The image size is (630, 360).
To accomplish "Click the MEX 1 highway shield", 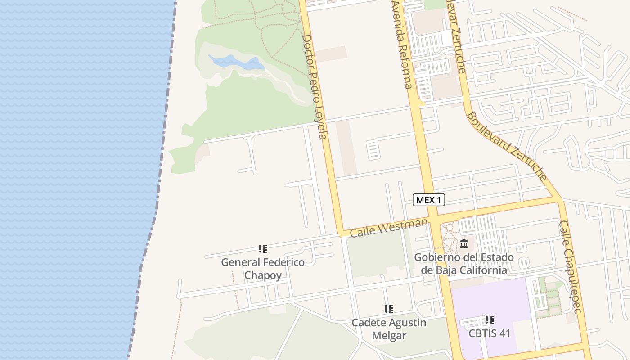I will pyautogui.click(x=428, y=200).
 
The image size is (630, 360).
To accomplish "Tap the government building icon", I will pyautogui.click(x=464, y=244).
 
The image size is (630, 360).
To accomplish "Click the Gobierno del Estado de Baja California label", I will pyautogui.click(x=464, y=264).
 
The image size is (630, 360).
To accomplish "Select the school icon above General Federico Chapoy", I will pyautogui.click(x=263, y=249).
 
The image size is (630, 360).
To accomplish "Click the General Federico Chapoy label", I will pyautogui.click(x=263, y=269).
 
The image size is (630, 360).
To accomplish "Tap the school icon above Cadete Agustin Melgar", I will pyautogui.click(x=389, y=309).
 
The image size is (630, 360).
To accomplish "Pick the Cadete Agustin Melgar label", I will pyautogui.click(x=389, y=329).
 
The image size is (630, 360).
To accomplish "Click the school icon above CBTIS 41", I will pyautogui.click(x=490, y=320).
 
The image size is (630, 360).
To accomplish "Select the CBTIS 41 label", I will pyautogui.click(x=490, y=333).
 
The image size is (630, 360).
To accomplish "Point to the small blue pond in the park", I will pyautogui.click(x=236, y=62).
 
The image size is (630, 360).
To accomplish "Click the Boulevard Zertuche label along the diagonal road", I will pyautogui.click(x=506, y=147).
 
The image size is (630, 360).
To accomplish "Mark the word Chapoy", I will pyautogui.click(x=263, y=275).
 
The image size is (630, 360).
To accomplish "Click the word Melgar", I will pyautogui.click(x=389, y=336).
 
